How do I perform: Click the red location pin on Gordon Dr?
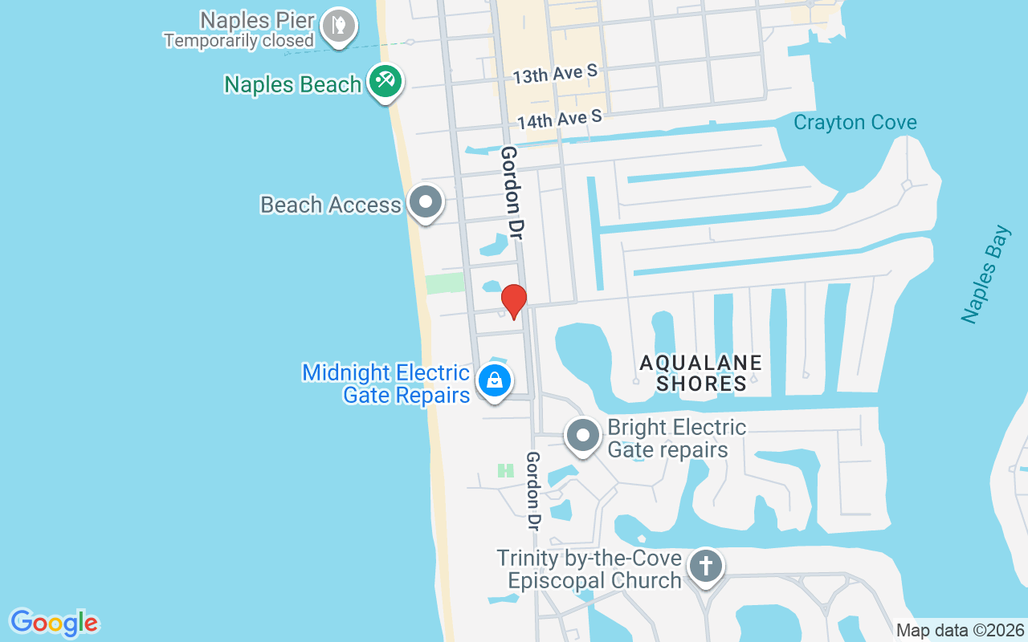click(x=514, y=301)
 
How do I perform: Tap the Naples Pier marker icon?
click(x=338, y=26)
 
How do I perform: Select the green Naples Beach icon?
click(x=385, y=81)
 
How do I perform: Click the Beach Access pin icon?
click(x=426, y=202)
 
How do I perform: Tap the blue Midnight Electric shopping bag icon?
click(x=495, y=380)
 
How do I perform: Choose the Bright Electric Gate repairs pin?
click(x=583, y=437)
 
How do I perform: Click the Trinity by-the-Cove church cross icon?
click(x=705, y=566)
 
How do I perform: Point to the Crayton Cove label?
click(x=855, y=123)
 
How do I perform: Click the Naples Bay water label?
click(x=985, y=274)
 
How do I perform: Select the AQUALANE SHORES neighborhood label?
click(x=700, y=373)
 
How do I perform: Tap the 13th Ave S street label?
click(x=555, y=75)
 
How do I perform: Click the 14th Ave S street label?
click(x=559, y=120)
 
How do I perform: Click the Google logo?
click(x=54, y=623)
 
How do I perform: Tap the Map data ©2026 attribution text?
click(x=960, y=630)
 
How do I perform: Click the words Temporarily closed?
click(x=239, y=40)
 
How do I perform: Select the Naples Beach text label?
click(x=292, y=84)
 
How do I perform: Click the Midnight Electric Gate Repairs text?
click(x=387, y=384)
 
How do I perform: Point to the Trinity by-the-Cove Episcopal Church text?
click(x=589, y=569)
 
